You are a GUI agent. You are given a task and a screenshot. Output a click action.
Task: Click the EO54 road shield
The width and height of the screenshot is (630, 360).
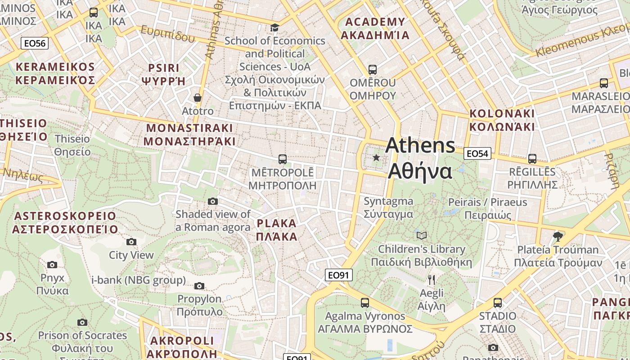[x=477, y=153]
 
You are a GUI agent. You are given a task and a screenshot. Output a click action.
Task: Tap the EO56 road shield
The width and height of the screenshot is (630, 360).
[x=35, y=43]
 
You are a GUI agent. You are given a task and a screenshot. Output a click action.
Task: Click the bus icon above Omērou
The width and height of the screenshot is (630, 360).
[x=373, y=70]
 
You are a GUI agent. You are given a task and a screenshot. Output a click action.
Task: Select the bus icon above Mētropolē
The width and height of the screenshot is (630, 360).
[x=283, y=159]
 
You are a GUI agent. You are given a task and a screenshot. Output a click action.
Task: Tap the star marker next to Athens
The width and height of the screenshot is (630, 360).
[x=376, y=157]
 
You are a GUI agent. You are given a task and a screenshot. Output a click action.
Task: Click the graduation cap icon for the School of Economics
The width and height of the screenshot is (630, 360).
[x=274, y=27]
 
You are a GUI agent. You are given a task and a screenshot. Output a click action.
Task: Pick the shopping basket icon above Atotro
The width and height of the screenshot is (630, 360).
[x=197, y=97]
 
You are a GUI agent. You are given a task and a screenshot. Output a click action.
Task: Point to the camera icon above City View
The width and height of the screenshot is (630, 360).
[x=131, y=242]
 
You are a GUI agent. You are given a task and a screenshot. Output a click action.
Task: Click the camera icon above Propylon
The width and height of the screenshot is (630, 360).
[x=199, y=286]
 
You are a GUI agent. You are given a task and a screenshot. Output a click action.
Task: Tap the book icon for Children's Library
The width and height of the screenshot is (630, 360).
[x=422, y=235]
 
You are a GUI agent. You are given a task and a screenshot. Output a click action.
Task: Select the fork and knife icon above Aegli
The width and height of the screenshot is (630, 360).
[x=432, y=280]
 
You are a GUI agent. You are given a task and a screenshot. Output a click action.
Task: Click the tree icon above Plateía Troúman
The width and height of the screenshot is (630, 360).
[x=558, y=236]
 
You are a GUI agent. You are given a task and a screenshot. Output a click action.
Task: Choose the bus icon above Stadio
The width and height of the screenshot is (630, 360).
[x=498, y=302]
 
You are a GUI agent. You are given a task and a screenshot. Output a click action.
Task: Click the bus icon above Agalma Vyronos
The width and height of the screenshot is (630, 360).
[x=365, y=303]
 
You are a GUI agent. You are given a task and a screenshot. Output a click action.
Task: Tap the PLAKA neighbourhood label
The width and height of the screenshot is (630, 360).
[x=277, y=230]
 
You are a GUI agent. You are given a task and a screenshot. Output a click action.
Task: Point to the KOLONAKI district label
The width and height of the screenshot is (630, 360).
[x=502, y=120]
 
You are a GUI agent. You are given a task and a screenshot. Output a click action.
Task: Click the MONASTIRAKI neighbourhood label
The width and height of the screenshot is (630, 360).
[x=189, y=134]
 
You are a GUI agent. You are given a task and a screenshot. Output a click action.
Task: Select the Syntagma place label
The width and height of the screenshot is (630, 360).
[x=388, y=207]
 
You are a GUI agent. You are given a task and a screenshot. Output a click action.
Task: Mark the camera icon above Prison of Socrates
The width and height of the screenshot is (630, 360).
[x=82, y=322]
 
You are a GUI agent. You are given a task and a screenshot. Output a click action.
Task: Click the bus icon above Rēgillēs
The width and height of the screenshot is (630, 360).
[x=532, y=158]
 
